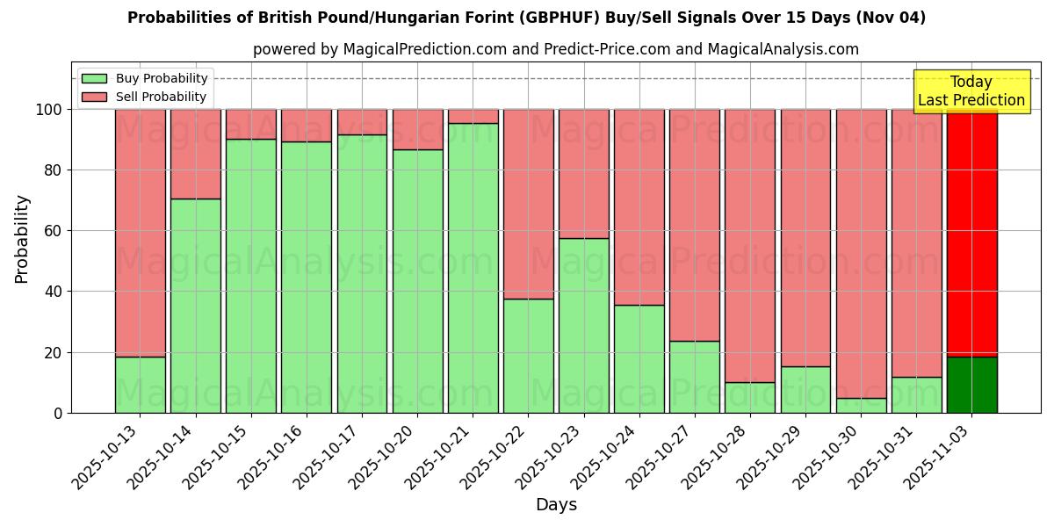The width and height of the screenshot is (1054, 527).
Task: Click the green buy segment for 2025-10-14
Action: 195,306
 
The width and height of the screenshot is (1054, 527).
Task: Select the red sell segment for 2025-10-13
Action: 140,233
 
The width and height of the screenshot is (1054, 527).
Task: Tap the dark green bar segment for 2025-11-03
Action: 971,385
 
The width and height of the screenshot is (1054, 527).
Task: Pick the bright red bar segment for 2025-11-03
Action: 971,233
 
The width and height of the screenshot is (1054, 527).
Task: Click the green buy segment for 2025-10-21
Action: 473,268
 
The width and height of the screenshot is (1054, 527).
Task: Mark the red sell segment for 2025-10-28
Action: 750,246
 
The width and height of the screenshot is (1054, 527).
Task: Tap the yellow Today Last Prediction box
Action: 971,91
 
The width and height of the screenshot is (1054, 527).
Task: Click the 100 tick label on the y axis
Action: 48,110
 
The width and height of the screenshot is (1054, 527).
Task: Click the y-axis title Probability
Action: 22,239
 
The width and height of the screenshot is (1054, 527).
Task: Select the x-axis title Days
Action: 556,505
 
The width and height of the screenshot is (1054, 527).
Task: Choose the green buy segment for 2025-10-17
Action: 362,273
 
